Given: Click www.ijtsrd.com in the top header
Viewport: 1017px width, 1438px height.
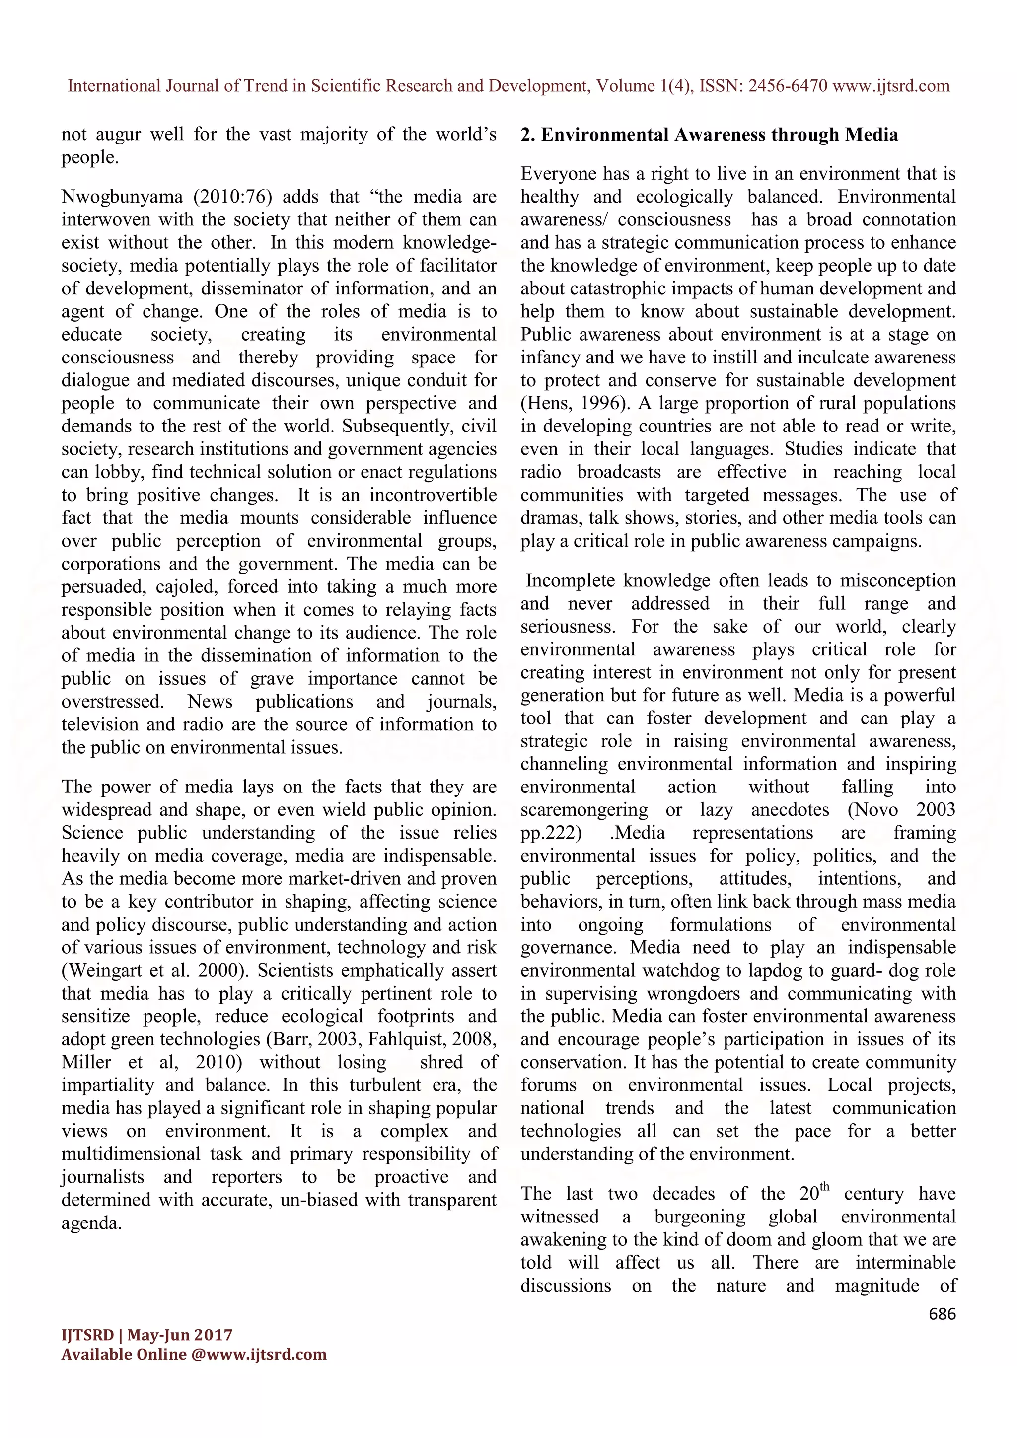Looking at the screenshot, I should click(891, 86).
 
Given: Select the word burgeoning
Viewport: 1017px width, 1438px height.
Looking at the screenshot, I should click(700, 1217).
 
